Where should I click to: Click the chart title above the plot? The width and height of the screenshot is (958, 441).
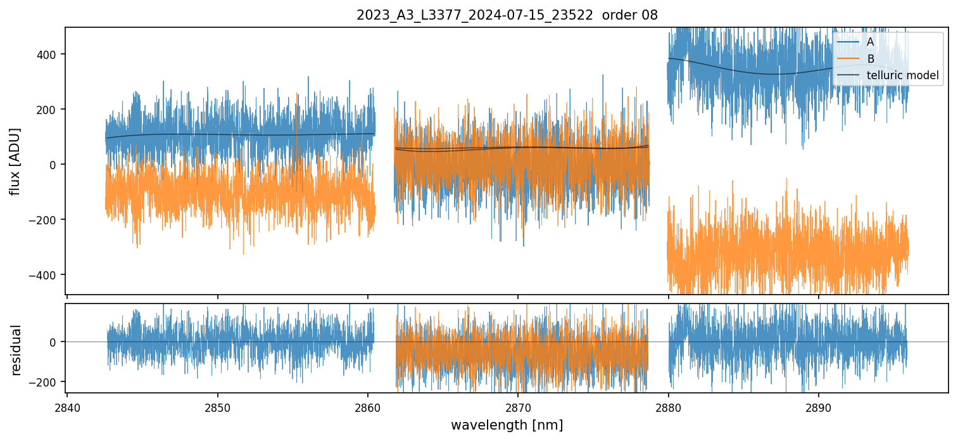click(x=507, y=15)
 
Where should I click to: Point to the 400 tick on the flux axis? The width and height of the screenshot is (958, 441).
click(x=51, y=54)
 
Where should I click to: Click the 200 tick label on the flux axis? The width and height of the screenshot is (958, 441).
click(x=51, y=110)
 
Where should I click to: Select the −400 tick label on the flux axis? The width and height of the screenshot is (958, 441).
click(x=48, y=275)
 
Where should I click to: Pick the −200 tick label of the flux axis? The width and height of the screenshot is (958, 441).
click(x=48, y=220)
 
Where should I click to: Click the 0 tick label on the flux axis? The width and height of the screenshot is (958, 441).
click(x=56, y=165)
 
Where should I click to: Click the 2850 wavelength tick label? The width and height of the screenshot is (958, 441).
click(x=218, y=407)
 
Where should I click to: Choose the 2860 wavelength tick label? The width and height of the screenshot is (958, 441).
click(x=368, y=407)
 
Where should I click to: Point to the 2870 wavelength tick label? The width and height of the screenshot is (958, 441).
click(x=518, y=407)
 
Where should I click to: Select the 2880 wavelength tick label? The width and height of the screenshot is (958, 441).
click(x=669, y=407)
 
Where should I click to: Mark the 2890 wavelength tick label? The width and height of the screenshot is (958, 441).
click(x=819, y=407)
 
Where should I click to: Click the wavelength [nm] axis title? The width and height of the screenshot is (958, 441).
click(x=507, y=425)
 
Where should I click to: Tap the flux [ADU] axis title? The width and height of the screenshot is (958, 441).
click(x=15, y=161)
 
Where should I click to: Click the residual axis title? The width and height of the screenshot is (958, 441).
click(x=16, y=350)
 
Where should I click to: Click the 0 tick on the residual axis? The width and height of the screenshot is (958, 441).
click(x=56, y=342)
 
